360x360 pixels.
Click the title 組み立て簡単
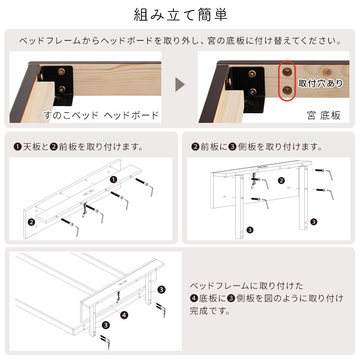(x=180, y=14)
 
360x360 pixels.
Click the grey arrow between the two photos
(x=180, y=85)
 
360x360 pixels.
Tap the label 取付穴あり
(x=321, y=83)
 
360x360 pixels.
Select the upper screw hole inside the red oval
(x=287, y=72)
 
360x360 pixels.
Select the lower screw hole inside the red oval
(x=287, y=90)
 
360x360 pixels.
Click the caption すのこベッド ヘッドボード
(x=101, y=115)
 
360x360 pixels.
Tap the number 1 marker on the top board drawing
(x=113, y=180)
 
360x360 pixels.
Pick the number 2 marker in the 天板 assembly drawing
(x=31, y=222)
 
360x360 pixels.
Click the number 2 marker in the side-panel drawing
(x=282, y=181)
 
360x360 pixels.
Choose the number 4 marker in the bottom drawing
(x=124, y=315)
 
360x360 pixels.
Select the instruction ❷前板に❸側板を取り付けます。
(x=256, y=146)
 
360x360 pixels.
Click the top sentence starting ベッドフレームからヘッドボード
(x=180, y=41)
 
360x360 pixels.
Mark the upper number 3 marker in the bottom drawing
(x=161, y=289)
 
